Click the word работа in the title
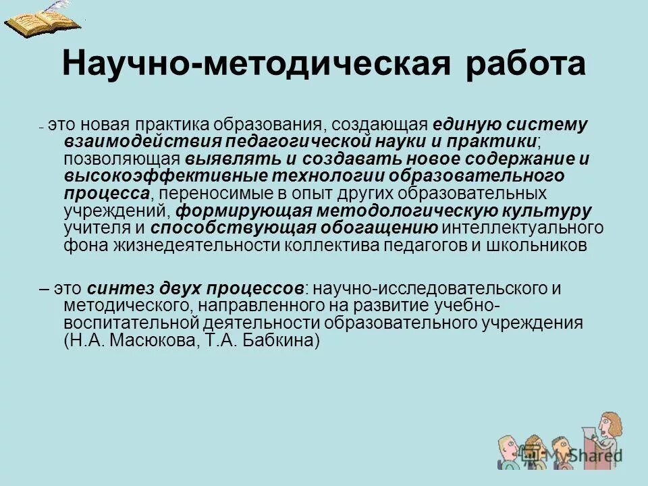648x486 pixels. coord(526,63)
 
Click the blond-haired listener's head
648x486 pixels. coord(507,446)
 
